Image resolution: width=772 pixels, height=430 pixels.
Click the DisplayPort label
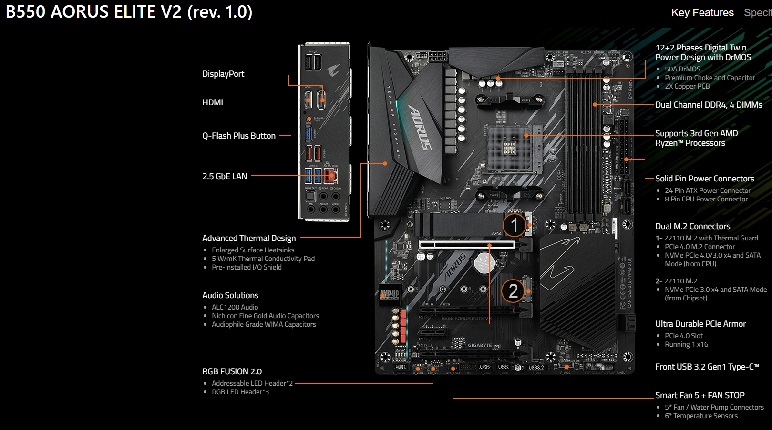pyautogui.click(x=223, y=74)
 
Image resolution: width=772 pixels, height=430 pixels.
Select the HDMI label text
pyautogui.click(x=213, y=102)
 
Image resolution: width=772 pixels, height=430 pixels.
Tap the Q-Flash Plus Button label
pyautogui.click(x=238, y=136)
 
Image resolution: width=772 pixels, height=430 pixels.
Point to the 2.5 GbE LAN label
pyautogui.click(x=225, y=176)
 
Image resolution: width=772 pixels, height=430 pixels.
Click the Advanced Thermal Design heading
pyautogui.click(x=249, y=238)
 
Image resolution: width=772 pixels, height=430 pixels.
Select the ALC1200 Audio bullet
pyautogui.click(x=235, y=307)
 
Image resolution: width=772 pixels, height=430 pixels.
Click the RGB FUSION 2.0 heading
pyautogui.click(x=232, y=371)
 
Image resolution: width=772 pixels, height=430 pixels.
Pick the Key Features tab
pyautogui.click(x=702, y=13)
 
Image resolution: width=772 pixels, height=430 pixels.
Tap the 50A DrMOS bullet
pyautogui.click(x=682, y=69)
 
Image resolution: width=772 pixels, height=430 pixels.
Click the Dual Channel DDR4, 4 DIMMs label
pyautogui.click(x=709, y=105)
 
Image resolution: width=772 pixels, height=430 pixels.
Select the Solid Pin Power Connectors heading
pyautogui.click(x=705, y=179)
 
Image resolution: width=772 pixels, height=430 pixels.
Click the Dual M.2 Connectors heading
pyautogui.click(x=692, y=226)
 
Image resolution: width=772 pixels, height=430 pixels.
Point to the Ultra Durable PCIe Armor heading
pyautogui.click(x=700, y=324)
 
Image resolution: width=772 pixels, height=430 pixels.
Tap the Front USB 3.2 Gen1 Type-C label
pyautogui.click(x=707, y=367)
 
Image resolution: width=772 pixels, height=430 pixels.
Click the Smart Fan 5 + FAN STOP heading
pyautogui.click(x=700, y=395)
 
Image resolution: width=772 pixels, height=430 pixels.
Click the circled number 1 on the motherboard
pyautogui.click(x=514, y=225)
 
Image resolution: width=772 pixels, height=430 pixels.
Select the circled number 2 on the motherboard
pyautogui.click(x=513, y=290)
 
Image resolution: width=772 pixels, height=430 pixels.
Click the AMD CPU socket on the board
pyautogui.click(x=510, y=149)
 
